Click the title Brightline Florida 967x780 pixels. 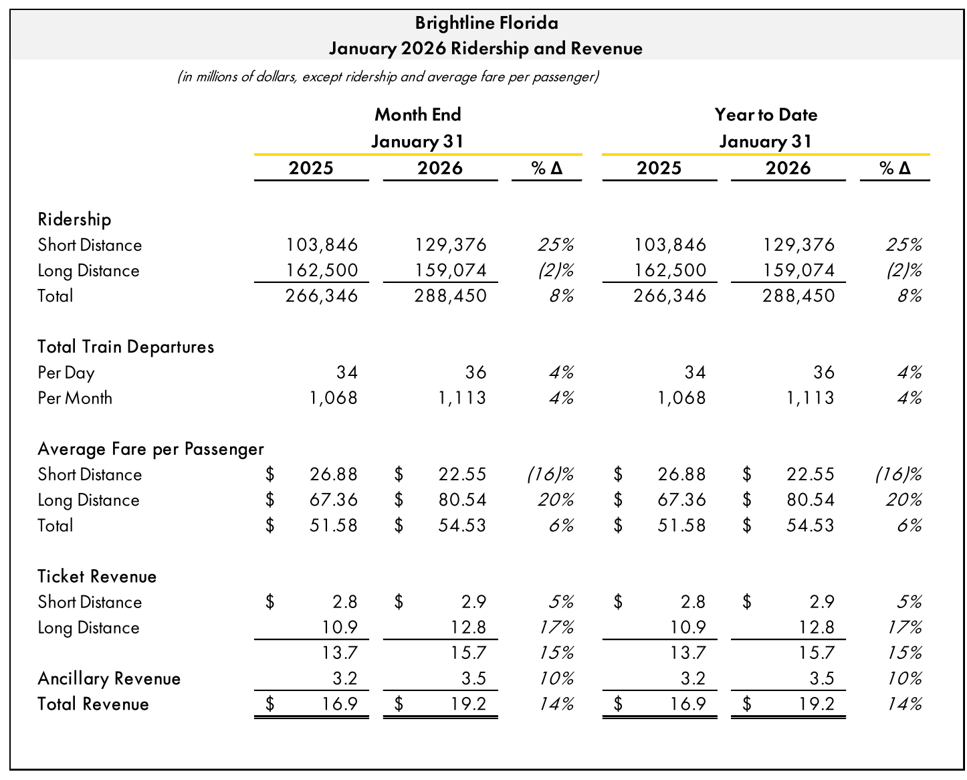[486, 23]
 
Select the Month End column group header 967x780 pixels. [418, 115]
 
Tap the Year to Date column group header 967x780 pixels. [766, 115]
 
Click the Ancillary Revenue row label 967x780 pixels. [109, 678]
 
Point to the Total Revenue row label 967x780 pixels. [93, 704]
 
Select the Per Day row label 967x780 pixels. [66, 373]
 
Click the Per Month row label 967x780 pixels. [75, 398]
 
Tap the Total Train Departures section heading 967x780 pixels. [126, 347]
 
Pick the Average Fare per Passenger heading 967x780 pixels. [150, 449]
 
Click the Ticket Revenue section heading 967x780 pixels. [97, 577]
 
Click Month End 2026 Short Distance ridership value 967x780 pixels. [451, 245]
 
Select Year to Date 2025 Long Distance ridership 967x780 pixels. [670, 270]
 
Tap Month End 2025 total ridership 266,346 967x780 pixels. [322, 296]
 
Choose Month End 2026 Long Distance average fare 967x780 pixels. [462, 500]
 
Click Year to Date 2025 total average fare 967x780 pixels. [681, 525]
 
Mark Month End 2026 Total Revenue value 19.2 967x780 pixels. [473, 704]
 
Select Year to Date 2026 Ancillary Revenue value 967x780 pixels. [822, 678]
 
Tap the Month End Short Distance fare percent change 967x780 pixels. [550, 474]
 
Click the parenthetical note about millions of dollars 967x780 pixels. [388, 77]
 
